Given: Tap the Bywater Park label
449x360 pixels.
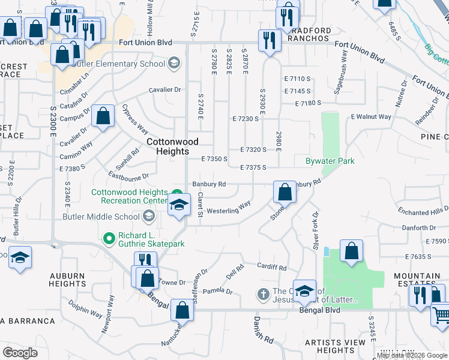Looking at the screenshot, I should coord(330,161).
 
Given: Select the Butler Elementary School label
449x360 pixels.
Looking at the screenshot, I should coord(127,64).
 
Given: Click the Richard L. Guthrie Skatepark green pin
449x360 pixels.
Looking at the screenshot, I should coord(109,239).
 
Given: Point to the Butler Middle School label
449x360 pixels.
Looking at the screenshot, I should coord(103,217).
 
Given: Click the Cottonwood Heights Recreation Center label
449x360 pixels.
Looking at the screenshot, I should coord(129,196).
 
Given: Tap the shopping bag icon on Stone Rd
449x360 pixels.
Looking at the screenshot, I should coord(285,192).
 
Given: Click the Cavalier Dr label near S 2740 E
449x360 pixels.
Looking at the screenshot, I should coord(165,90).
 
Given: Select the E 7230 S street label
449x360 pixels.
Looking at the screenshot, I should coord(246,119).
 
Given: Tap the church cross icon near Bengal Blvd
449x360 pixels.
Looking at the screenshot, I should coord(262,294).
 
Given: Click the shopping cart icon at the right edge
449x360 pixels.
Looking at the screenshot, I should coord(441,314).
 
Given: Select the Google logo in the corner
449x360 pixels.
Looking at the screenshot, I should coord(20,352).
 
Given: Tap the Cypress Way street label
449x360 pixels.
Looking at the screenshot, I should coord(135,120).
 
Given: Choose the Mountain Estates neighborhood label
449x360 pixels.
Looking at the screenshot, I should coord(417,280).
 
